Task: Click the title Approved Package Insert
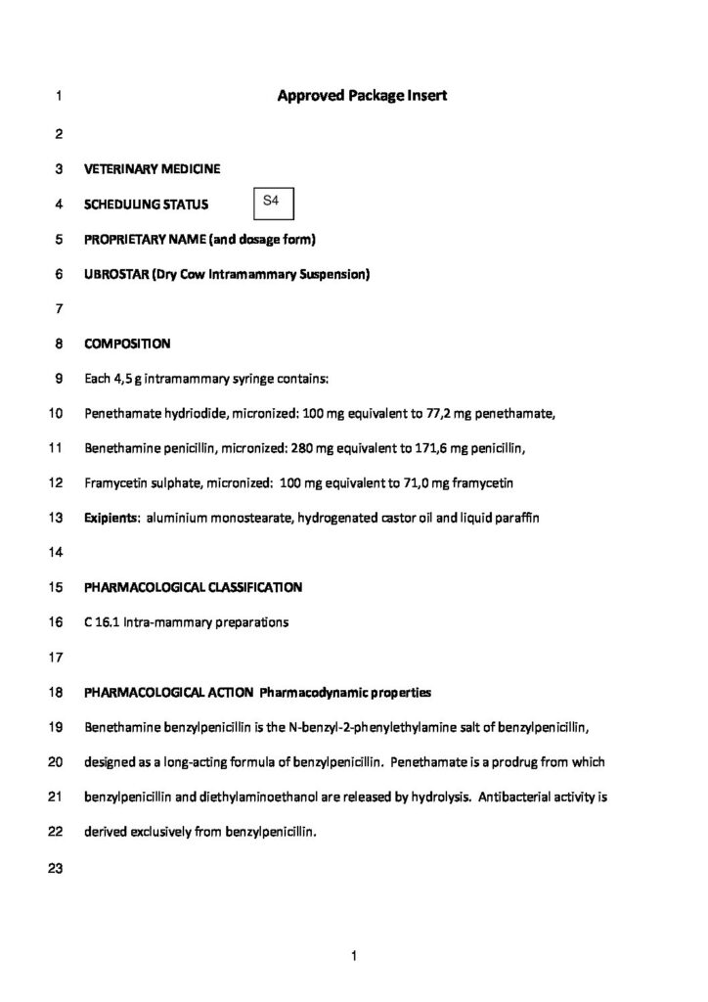(x=362, y=96)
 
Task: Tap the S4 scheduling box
(x=273, y=202)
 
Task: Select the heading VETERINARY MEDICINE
(x=152, y=169)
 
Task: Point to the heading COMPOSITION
(x=127, y=344)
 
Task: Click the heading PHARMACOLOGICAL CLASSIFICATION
(x=193, y=587)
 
